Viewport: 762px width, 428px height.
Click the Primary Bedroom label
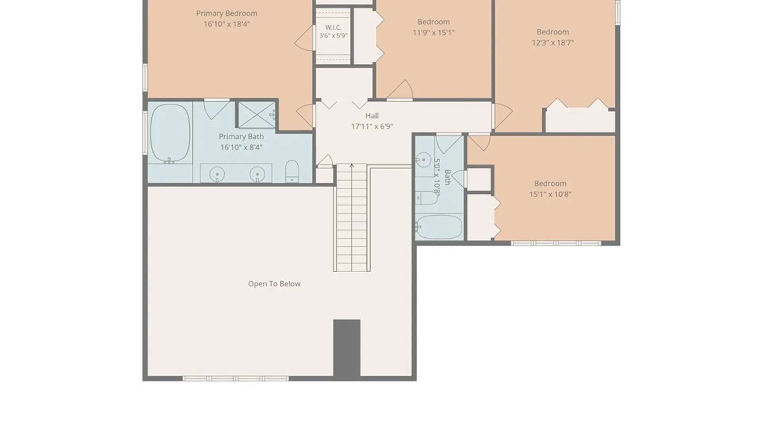(227, 13)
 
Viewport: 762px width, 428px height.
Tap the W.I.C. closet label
(333, 27)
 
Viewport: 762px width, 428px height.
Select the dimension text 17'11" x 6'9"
(372, 126)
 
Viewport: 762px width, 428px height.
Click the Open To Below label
(274, 284)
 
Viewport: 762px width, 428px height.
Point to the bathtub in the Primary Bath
(170, 133)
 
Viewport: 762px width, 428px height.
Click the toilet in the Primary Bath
(292, 171)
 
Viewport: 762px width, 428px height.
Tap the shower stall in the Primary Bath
(257, 115)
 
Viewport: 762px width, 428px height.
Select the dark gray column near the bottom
(347, 348)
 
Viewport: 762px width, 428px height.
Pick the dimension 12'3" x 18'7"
(553, 42)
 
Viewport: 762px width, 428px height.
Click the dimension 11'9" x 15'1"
(433, 32)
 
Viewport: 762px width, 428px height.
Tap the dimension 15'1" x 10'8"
(550, 194)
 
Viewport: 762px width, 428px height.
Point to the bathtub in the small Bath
(439, 227)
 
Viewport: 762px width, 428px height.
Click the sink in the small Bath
(423, 160)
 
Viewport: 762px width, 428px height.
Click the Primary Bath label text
(241, 136)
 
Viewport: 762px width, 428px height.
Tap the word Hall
(372, 116)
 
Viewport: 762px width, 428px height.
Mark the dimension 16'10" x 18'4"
(227, 24)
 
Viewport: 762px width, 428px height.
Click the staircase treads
(352, 218)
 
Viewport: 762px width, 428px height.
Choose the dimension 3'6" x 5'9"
(333, 36)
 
